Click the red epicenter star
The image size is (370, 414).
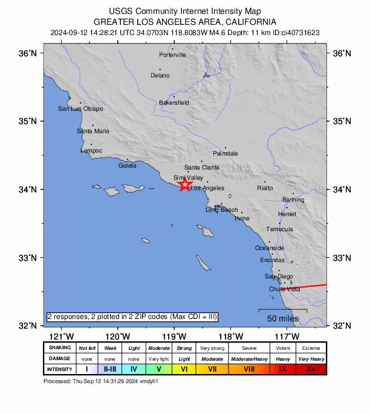(185, 184)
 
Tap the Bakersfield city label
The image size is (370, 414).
(174, 103)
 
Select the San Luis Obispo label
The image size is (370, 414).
(80, 109)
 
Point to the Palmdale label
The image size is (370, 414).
(226, 154)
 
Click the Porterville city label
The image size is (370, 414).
(172, 55)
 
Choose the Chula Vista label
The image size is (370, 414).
(285, 289)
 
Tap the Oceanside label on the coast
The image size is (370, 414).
(269, 248)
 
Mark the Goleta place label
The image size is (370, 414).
(128, 165)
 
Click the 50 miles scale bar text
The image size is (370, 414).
(282, 318)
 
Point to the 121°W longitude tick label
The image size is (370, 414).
(61, 337)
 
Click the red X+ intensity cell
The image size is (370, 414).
(311, 369)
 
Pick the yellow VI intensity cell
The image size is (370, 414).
(184, 369)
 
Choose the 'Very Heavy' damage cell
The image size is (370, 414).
(311, 359)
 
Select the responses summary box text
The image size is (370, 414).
(132, 317)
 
